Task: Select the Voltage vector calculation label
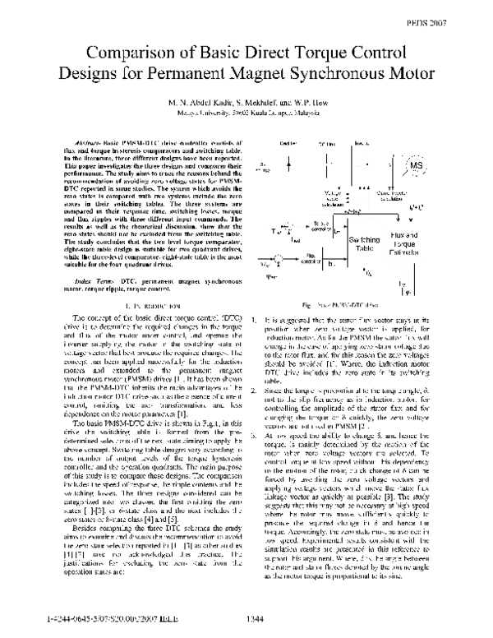point(336,196)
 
